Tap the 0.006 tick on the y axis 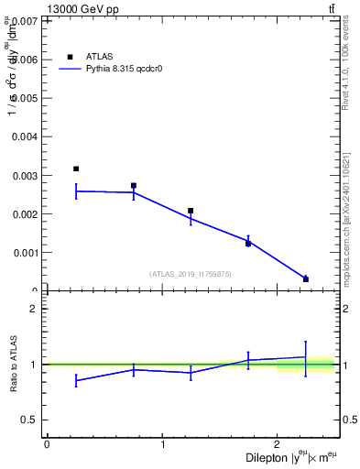click(25, 59)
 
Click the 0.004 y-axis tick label click(25, 136)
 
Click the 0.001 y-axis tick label click(25, 253)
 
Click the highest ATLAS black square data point click(76, 169)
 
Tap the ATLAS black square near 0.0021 click(191, 211)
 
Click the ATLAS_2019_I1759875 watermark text click(191, 274)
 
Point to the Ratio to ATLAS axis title click(12, 365)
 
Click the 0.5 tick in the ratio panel click(32, 420)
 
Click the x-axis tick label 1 click(163, 444)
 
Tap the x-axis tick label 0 click(47, 444)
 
